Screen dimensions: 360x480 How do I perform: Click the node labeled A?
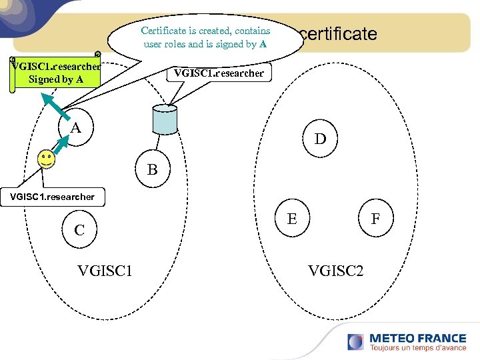(x=77, y=127)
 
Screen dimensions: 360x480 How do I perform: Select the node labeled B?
(x=153, y=170)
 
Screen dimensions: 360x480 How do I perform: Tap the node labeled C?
(x=79, y=230)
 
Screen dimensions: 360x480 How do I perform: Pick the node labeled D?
(x=321, y=139)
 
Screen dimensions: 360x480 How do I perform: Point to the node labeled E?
(x=292, y=218)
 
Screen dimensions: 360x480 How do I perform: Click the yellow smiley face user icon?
(x=45, y=159)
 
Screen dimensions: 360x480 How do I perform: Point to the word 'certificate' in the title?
(x=339, y=34)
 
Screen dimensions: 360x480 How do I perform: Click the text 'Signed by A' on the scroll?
(x=56, y=80)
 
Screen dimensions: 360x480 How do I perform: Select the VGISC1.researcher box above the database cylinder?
(x=219, y=73)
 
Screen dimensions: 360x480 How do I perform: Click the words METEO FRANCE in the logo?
(x=418, y=338)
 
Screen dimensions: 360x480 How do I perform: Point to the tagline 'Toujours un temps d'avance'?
(x=418, y=348)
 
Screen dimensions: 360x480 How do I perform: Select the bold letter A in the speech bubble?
(x=263, y=45)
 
